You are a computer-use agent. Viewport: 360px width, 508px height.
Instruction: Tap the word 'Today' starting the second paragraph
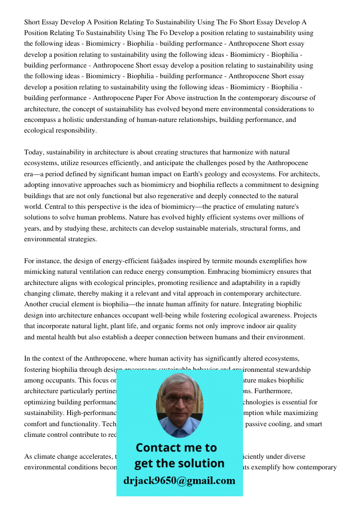pyautogui.click(x=34, y=152)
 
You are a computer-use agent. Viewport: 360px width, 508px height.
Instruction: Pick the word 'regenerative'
pyautogui.click(x=184, y=196)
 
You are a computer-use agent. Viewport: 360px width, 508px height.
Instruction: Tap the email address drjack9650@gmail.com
pyautogui.click(x=179, y=481)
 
